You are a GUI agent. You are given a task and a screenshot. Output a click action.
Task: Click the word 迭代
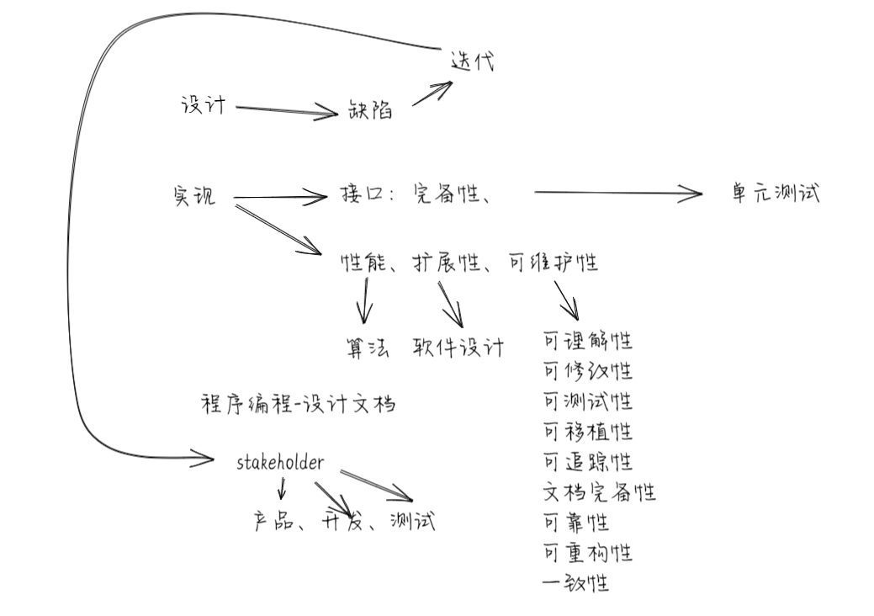[473, 61]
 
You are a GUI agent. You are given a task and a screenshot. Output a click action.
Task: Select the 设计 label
[204, 105]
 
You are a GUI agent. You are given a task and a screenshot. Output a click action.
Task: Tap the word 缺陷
[370, 110]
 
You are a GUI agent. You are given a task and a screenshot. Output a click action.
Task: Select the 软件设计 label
[458, 346]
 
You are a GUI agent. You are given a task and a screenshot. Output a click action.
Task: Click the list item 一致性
[576, 582]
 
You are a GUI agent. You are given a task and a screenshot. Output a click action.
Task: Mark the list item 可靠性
[576, 523]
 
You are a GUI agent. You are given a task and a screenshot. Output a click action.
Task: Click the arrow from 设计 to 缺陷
[286, 109]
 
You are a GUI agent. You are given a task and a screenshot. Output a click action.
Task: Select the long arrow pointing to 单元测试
[618, 194]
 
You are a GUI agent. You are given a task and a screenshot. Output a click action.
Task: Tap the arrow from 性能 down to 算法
[365, 300]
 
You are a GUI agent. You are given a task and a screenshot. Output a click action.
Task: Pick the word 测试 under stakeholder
[412, 521]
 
